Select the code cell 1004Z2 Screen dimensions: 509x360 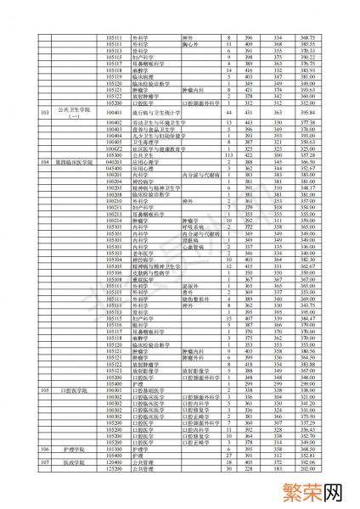pos(115,149)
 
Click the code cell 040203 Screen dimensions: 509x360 pos(115,162)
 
